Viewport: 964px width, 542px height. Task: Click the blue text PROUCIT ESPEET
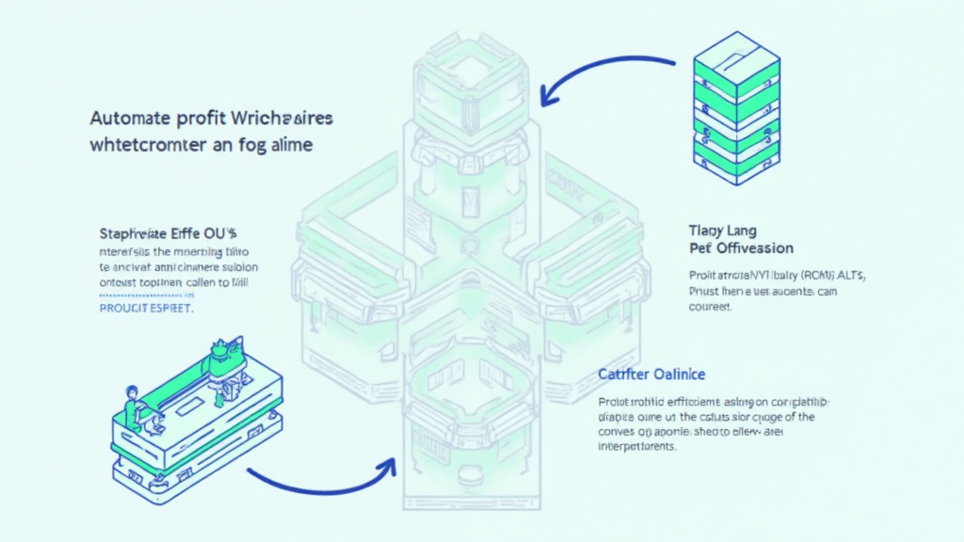click(146, 308)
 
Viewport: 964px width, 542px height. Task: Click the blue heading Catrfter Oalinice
click(651, 375)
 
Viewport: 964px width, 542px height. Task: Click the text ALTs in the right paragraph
click(847, 275)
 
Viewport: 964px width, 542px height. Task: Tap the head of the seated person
click(132, 389)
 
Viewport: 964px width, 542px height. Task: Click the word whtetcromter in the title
click(154, 147)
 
